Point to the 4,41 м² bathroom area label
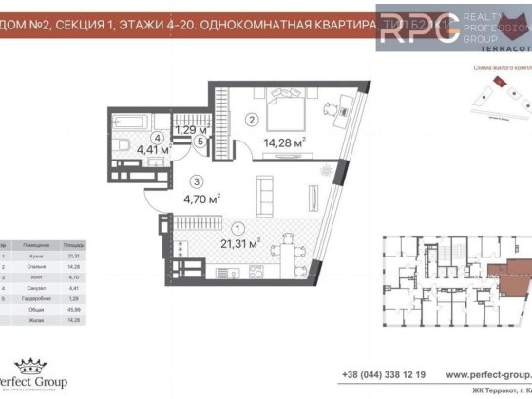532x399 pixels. coord(152,150)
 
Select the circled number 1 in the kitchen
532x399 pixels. coord(237,227)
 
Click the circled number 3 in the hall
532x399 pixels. coord(194,180)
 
